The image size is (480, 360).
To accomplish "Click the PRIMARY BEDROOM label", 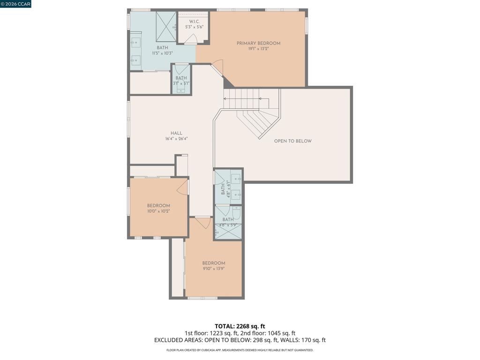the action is [x=258, y=43].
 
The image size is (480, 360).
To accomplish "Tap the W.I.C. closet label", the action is [x=194, y=22].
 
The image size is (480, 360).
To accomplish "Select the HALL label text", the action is [x=176, y=133].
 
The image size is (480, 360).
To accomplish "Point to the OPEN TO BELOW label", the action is [x=292, y=141].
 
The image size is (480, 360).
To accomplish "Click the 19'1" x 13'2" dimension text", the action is [x=258, y=49].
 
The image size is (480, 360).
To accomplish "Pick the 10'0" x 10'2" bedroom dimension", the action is [x=158, y=211].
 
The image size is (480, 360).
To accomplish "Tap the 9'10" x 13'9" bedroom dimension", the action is [x=214, y=269].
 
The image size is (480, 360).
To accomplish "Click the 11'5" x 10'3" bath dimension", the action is [x=162, y=53].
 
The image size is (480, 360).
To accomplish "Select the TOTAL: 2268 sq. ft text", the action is [x=240, y=326].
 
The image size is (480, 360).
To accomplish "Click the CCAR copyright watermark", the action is [x=15, y=4].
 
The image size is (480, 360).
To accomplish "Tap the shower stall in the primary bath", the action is [x=166, y=26].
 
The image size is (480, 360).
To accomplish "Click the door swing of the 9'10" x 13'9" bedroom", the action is [x=202, y=223].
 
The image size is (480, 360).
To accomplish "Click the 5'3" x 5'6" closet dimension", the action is [x=194, y=27].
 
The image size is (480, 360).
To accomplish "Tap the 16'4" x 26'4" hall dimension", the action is [x=176, y=139].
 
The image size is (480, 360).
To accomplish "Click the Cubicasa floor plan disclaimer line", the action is [x=240, y=350].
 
